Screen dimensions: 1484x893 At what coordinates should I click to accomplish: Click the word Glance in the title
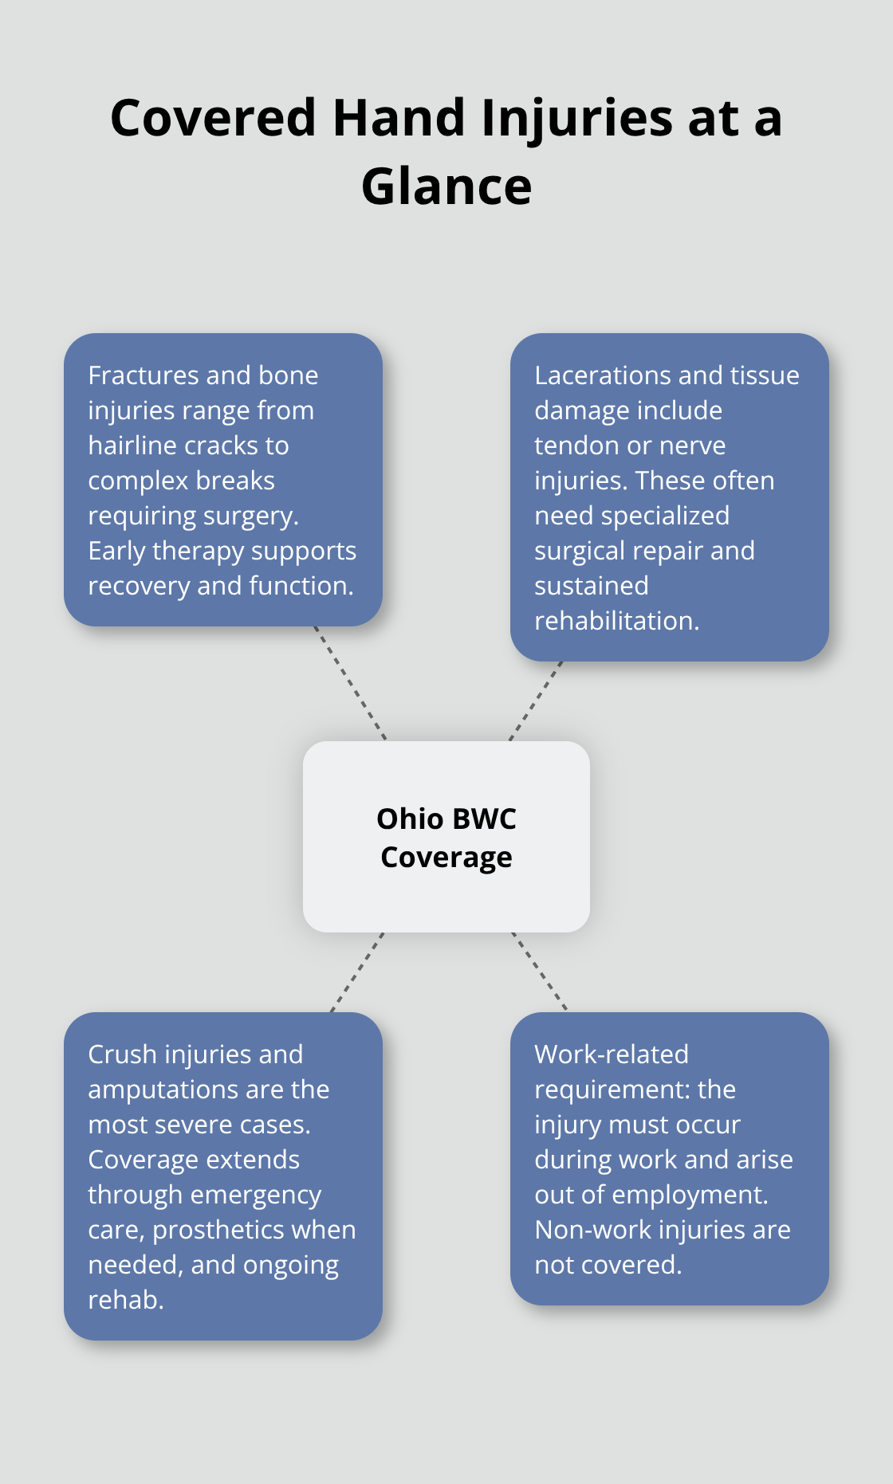447,187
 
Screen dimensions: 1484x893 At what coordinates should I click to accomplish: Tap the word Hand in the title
399,119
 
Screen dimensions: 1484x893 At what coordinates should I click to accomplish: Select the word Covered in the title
214,119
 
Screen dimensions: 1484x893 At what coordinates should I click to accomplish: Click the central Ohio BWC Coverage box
447,837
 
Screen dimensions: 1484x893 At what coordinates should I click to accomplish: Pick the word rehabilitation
616,621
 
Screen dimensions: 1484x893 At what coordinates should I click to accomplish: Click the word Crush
121,1054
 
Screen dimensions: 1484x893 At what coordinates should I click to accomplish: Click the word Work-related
612,1054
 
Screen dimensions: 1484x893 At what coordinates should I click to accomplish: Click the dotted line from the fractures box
350,683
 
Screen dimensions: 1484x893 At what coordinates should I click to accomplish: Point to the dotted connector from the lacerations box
536,701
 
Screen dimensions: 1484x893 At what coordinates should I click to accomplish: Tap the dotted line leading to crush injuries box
357,972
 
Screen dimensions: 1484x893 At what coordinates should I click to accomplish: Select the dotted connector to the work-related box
540,972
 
